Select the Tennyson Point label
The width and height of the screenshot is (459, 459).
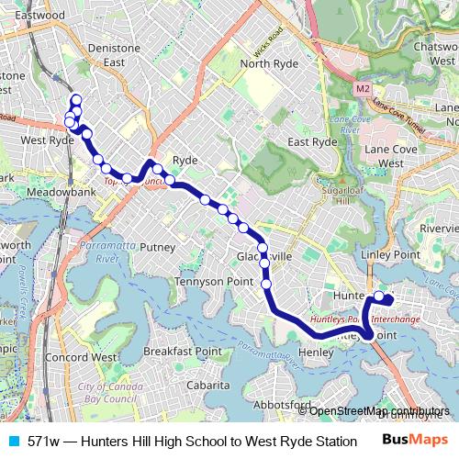pyautogui.click(x=213, y=281)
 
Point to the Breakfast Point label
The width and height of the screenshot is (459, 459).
pyautogui.click(x=183, y=352)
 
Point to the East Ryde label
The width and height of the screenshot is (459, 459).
pyautogui.click(x=311, y=142)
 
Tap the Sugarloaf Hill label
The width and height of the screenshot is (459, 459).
pyautogui.click(x=345, y=191)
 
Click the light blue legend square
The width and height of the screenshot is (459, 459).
pyautogui.click(x=12, y=442)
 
